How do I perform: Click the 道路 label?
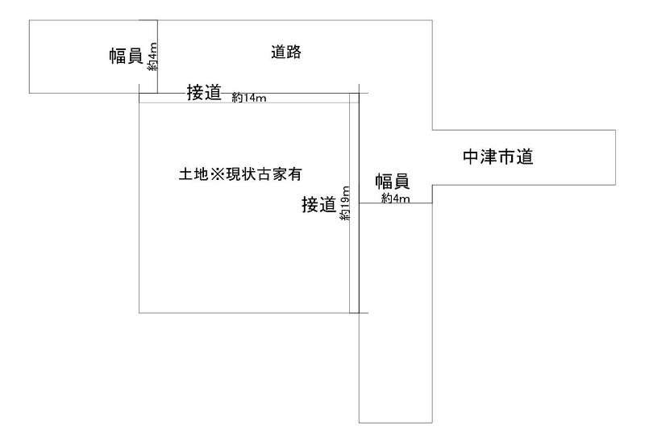[286, 52]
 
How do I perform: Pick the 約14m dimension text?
[248, 98]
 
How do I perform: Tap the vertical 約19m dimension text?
[345, 205]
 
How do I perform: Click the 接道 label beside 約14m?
[204, 92]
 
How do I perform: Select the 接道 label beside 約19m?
[318, 205]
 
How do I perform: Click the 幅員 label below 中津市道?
[393, 182]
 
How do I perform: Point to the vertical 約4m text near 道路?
[152, 58]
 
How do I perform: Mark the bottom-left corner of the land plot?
[139, 313]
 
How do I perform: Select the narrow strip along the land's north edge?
[246, 98]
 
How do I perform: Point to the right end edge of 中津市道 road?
[616, 157]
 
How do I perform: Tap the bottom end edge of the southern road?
[396, 422]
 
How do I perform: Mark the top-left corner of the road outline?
[29, 20]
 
